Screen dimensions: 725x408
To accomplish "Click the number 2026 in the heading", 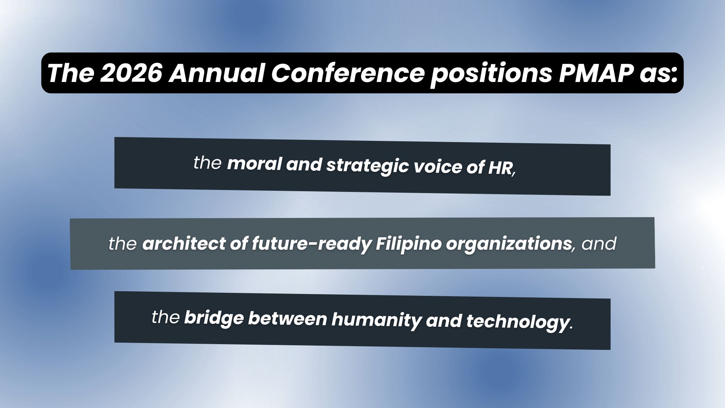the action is coord(131,73).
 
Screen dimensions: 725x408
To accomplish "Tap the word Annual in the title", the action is coord(217,73).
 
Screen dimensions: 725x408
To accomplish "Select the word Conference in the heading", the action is coord(348,73).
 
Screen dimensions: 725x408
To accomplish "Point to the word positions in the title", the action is coord(491,74).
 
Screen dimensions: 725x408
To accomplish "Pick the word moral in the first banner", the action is coord(255,164).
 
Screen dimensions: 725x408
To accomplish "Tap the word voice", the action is coord(438,167).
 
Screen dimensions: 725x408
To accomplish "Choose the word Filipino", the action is coord(408,244).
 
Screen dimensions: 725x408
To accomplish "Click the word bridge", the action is coord(214,318).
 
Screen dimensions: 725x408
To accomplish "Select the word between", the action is coord(287,318).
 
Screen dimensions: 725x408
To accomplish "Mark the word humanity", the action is coord(376,320).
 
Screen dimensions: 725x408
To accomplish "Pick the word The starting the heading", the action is coord(71,73).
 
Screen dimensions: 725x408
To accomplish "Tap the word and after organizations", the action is coord(599,244).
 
